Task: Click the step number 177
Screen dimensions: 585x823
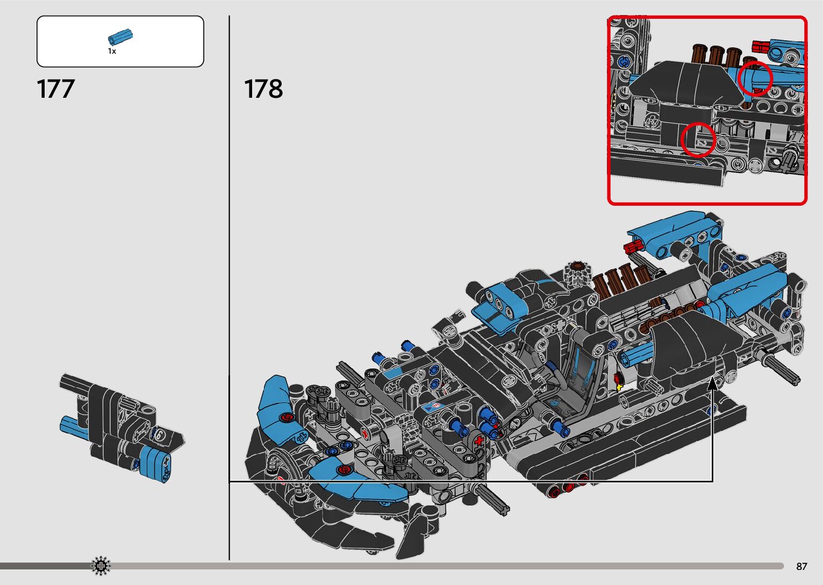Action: point(55,89)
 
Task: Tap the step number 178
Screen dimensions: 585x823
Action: point(263,89)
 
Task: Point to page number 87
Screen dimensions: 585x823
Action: point(801,566)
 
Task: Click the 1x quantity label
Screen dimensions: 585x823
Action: point(112,51)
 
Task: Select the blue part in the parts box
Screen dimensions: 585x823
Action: point(120,37)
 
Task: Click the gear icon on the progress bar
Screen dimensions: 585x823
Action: point(101,566)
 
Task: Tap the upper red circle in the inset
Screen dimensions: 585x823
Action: point(755,78)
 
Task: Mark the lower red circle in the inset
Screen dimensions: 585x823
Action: point(698,140)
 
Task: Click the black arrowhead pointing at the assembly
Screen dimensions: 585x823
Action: point(712,382)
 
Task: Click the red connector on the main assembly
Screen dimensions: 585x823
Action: point(633,247)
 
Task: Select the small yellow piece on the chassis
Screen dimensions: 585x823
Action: point(619,386)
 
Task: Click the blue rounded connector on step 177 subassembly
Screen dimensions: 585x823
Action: point(155,464)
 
